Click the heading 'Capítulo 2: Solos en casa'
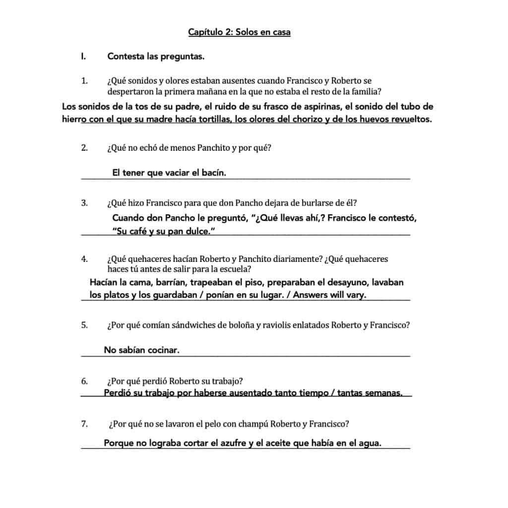tap(239, 32)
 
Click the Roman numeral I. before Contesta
tap(84, 57)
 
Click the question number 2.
tap(84, 147)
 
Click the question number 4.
tap(84, 259)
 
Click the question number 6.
tap(84, 381)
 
